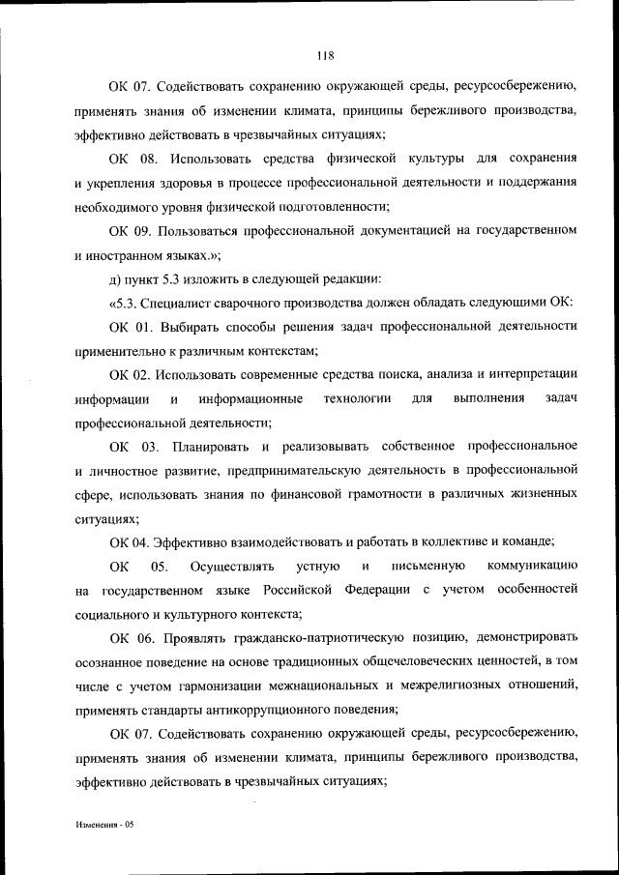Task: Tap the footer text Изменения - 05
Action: pyautogui.click(x=105, y=829)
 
